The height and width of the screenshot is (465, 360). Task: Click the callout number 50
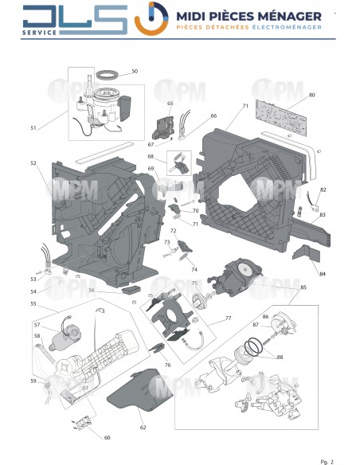tap(134, 72)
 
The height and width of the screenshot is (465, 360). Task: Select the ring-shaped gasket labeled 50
tap(105, 76)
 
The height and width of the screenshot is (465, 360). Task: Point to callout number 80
tap(311, 96)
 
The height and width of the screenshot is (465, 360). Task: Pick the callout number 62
tap(143, 427)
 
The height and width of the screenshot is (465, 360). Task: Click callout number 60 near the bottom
tap(107, 437)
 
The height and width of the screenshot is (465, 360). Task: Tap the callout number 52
tap(33, 163)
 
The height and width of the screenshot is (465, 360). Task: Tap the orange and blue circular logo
tap(151, 19)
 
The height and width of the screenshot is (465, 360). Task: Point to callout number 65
tap(170, 104)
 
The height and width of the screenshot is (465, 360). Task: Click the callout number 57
tap(36, 325)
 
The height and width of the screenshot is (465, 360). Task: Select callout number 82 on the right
tap(323, 190)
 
